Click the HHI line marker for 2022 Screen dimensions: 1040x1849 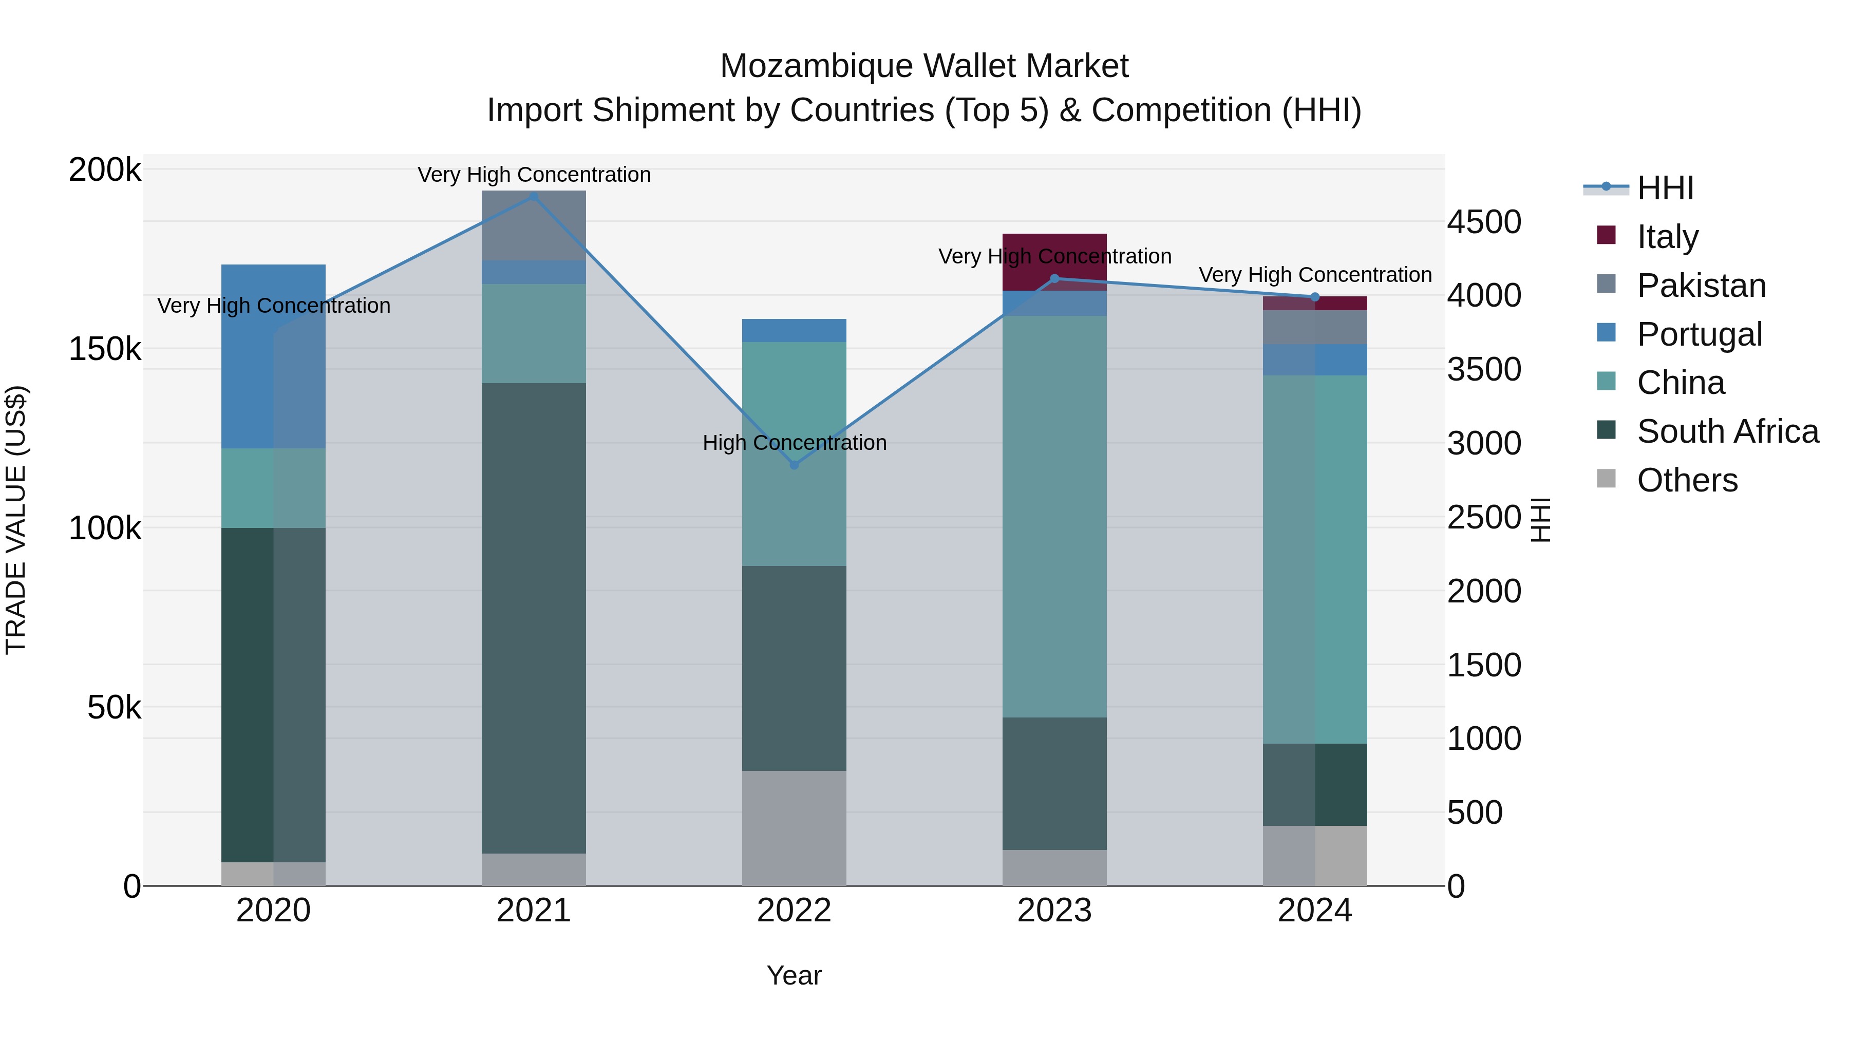(794, 465)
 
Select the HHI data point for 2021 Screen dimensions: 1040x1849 (533, 196)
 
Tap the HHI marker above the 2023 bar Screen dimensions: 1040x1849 (1054, 278)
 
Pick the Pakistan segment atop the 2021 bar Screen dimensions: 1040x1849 (533, 225)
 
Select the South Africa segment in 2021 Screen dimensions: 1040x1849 (533, 617)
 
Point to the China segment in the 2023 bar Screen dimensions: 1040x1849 (1054, 516)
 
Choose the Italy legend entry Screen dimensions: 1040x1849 (1667, 236)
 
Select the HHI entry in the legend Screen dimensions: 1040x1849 (1665, 188)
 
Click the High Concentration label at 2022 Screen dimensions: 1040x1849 (794, 443)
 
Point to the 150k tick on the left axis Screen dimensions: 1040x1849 (105, 350)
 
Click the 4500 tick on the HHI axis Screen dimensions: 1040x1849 (1483, 222)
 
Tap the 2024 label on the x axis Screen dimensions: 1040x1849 (1314, 911)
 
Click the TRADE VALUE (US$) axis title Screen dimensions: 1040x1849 (16, 520)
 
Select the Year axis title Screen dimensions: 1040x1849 (794, 975)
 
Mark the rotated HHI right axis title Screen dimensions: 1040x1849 (1540, 520)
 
